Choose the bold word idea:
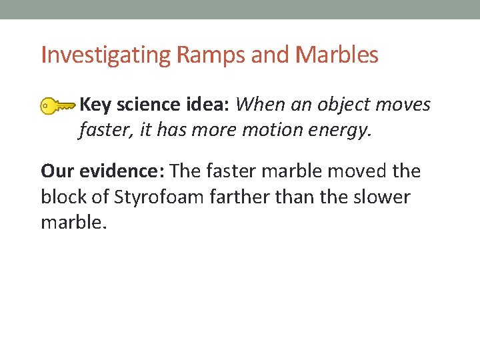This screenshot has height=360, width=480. [x=206, y=105]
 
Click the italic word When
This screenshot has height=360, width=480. [x=258, y=105]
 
